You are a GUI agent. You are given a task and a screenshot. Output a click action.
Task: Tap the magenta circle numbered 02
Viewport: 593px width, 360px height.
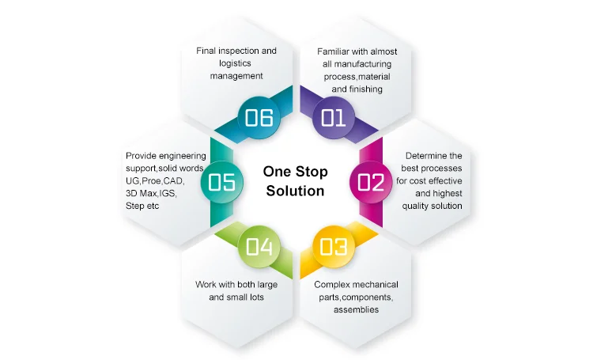pyautogui.click(x=370, y=182)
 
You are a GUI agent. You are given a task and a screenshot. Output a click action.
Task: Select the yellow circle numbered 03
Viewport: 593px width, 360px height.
pyautogui.click(x=334, y=246)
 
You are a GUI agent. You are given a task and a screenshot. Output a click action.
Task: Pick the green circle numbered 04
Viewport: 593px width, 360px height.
pyautogui.click(x=259, y=246)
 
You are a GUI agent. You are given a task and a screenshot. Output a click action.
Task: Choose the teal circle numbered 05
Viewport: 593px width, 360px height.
pyautogui.click(x=222, y=182)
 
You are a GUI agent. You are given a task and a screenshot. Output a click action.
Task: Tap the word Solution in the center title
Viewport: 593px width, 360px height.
pyautogui.click(x=296, y=191)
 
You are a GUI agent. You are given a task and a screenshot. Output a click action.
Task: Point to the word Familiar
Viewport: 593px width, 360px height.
pyautogui.click(x=336, y=51)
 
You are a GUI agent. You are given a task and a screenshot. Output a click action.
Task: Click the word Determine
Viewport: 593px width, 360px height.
pyautogui.click(x=423, y=156)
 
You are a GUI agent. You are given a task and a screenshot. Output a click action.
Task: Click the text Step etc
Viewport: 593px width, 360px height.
pyautogui.click(x=142, y=206)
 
